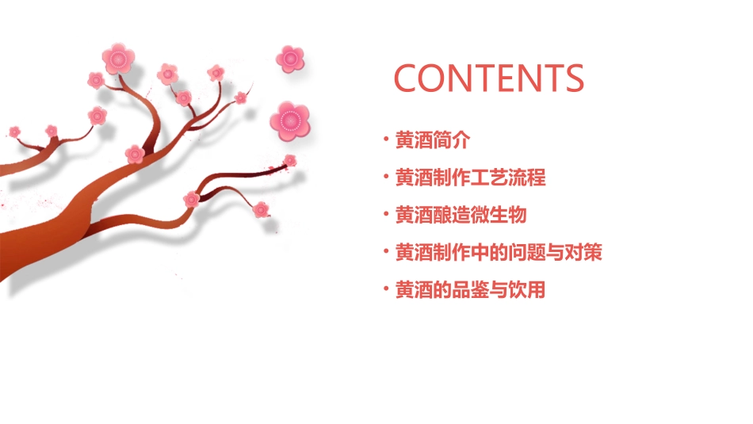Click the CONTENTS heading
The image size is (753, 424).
tap(489, 78)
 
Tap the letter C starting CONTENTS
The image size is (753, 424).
tap(407, 78)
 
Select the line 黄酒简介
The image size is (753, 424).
tap(433, 140)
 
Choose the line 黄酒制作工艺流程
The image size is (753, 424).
tap(471, 178)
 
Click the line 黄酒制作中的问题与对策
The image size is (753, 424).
tap(499, 253)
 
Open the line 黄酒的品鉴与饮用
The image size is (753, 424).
tap(471, 290)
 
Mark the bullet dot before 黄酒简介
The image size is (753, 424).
tap(386, 140)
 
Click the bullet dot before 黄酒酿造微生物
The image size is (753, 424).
tap(386, 215)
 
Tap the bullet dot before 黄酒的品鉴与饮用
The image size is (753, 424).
tap(386, 290)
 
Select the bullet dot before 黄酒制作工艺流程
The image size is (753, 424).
tap(386, 178)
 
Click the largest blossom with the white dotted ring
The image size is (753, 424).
tap(289, 120)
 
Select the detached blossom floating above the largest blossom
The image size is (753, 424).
tap(291, 58)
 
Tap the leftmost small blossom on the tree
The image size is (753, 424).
tap(14, 131)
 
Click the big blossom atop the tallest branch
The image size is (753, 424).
tap(119, 58)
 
